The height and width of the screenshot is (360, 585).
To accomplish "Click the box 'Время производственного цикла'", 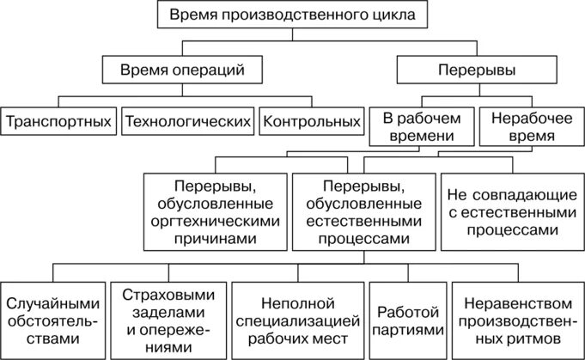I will [292, 15].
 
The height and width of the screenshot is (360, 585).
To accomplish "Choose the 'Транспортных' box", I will [58, 121].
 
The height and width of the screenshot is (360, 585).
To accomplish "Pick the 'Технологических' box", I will [189, 121].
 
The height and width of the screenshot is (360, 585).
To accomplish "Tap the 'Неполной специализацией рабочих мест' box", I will [296, 317].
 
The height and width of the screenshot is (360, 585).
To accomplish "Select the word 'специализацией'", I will [296, 317].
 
